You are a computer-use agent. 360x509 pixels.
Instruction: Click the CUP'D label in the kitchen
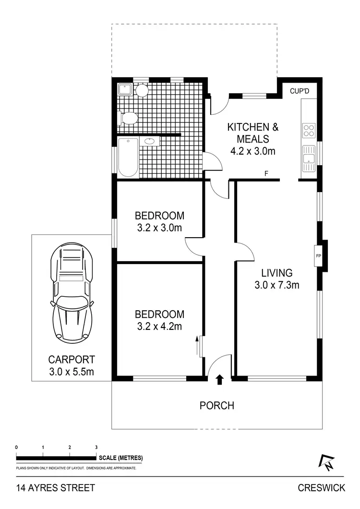(300, 91)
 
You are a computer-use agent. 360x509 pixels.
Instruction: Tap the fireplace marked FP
(318, 255)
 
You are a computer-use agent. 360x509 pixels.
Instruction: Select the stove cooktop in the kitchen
(308, 131)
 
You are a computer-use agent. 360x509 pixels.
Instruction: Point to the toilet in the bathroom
(128, 118)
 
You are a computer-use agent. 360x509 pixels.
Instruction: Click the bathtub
(128, 157)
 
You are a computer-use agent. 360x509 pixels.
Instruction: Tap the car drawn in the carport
(72, 293)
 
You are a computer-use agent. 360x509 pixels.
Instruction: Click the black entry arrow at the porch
(220, 380)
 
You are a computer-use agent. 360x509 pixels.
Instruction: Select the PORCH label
(217, 406)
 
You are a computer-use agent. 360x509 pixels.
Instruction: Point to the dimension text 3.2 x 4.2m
(159, 327)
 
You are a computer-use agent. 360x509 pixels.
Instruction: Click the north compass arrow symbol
(325, 462)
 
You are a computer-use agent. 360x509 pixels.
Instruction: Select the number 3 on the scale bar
(96, 447)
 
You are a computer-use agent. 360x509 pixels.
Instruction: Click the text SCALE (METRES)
(121, 458)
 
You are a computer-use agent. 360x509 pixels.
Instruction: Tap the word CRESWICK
(321, 488)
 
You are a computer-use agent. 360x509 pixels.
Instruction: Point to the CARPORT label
(72, 359)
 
